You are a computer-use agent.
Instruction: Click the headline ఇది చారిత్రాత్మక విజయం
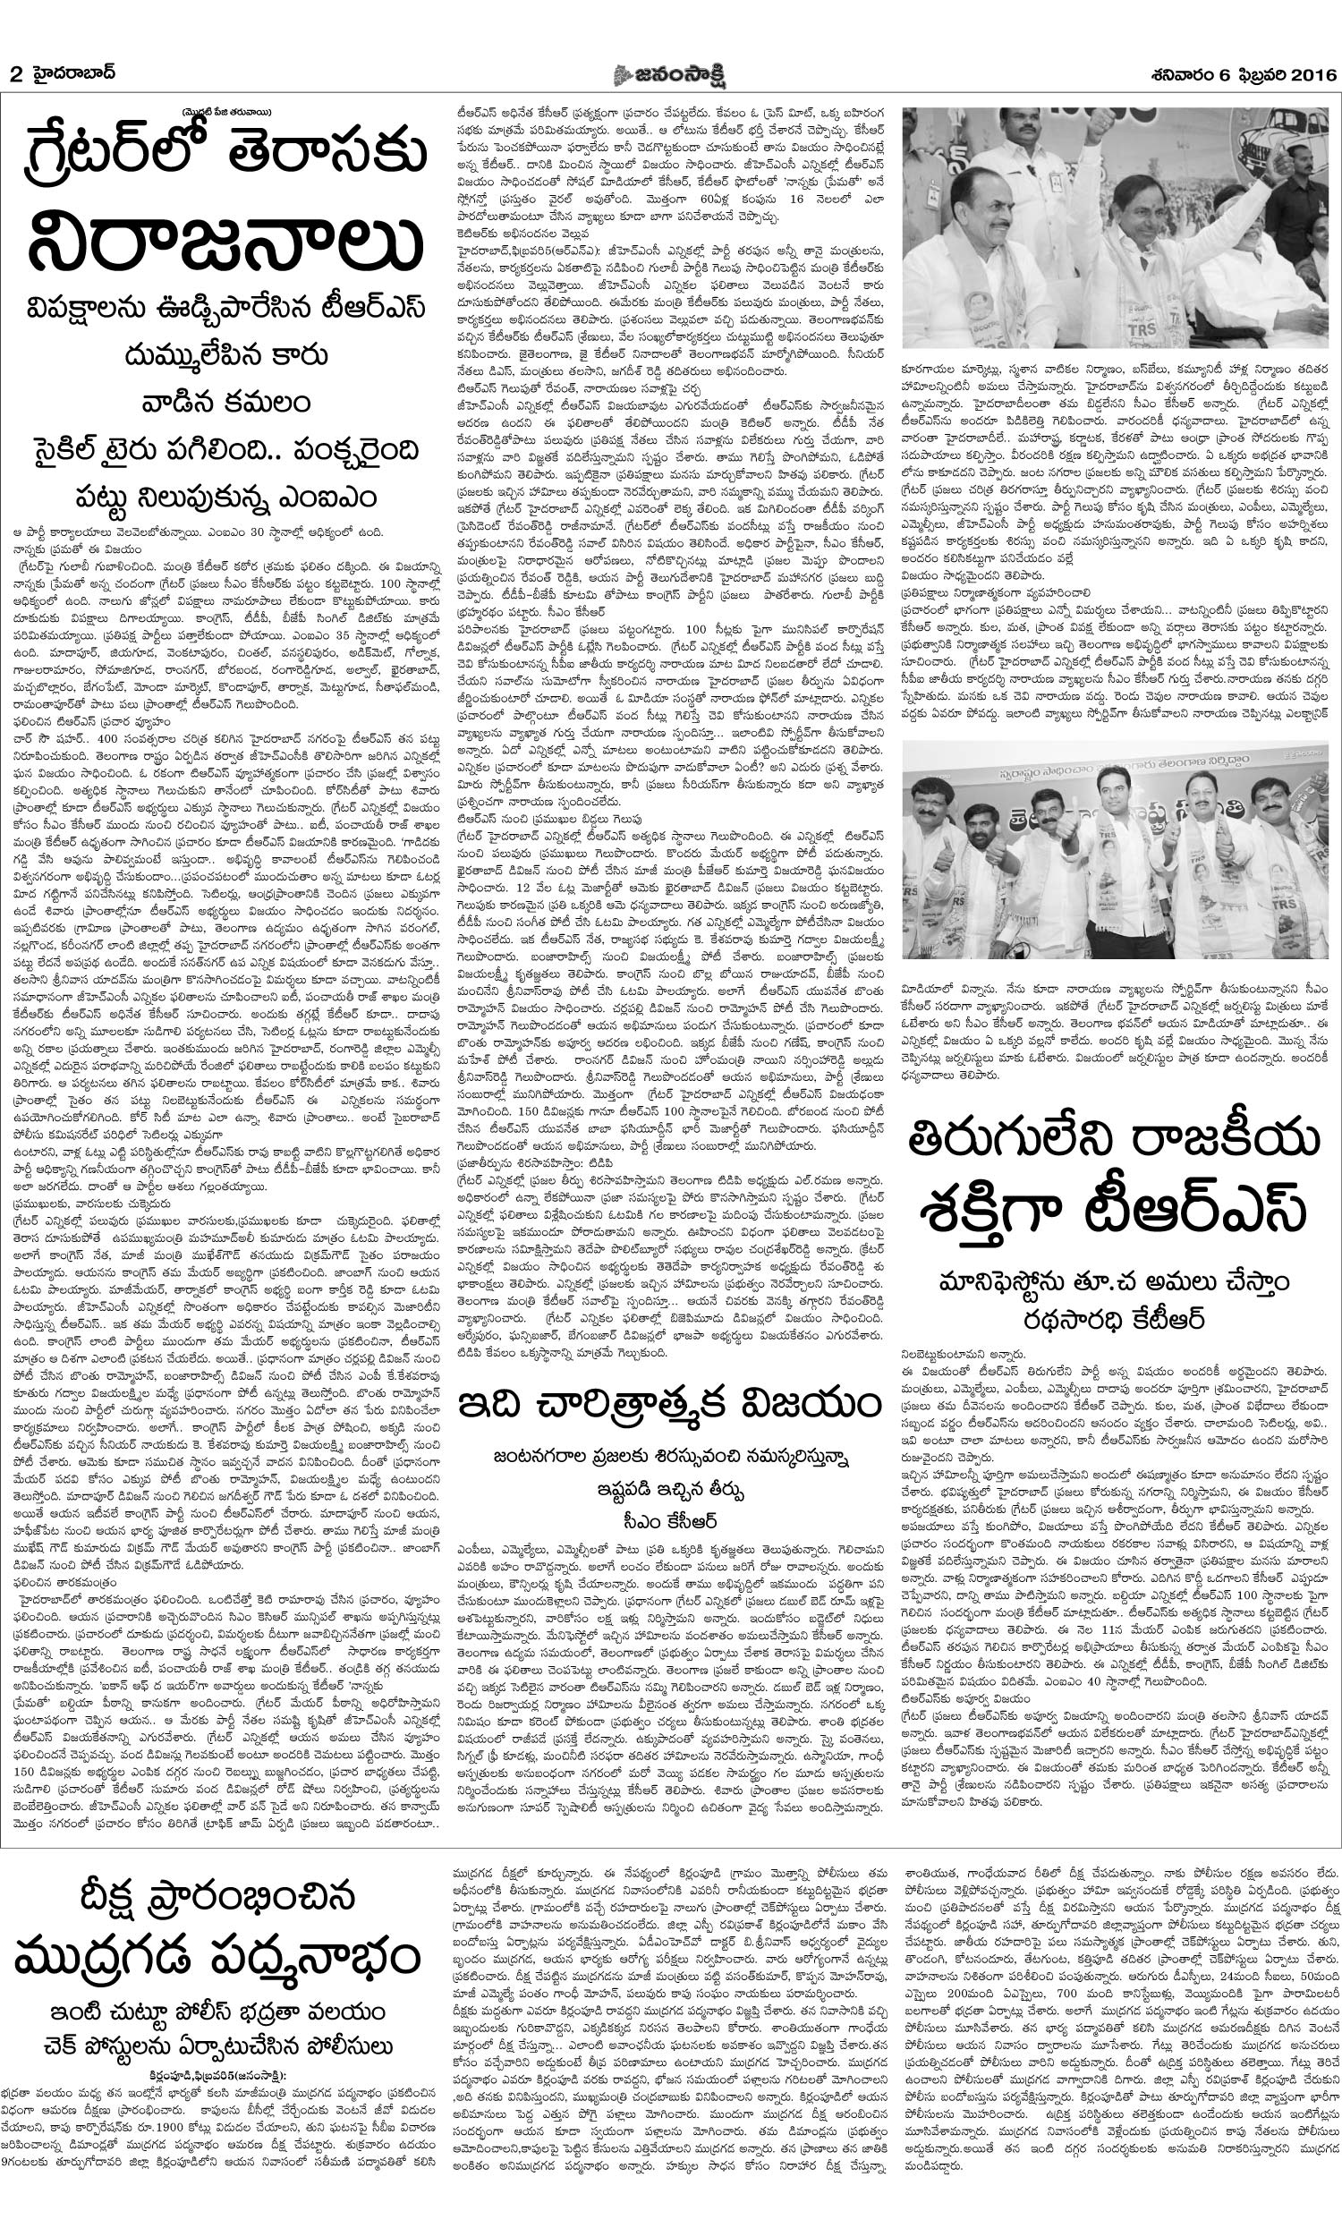tap(670, 1407)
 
